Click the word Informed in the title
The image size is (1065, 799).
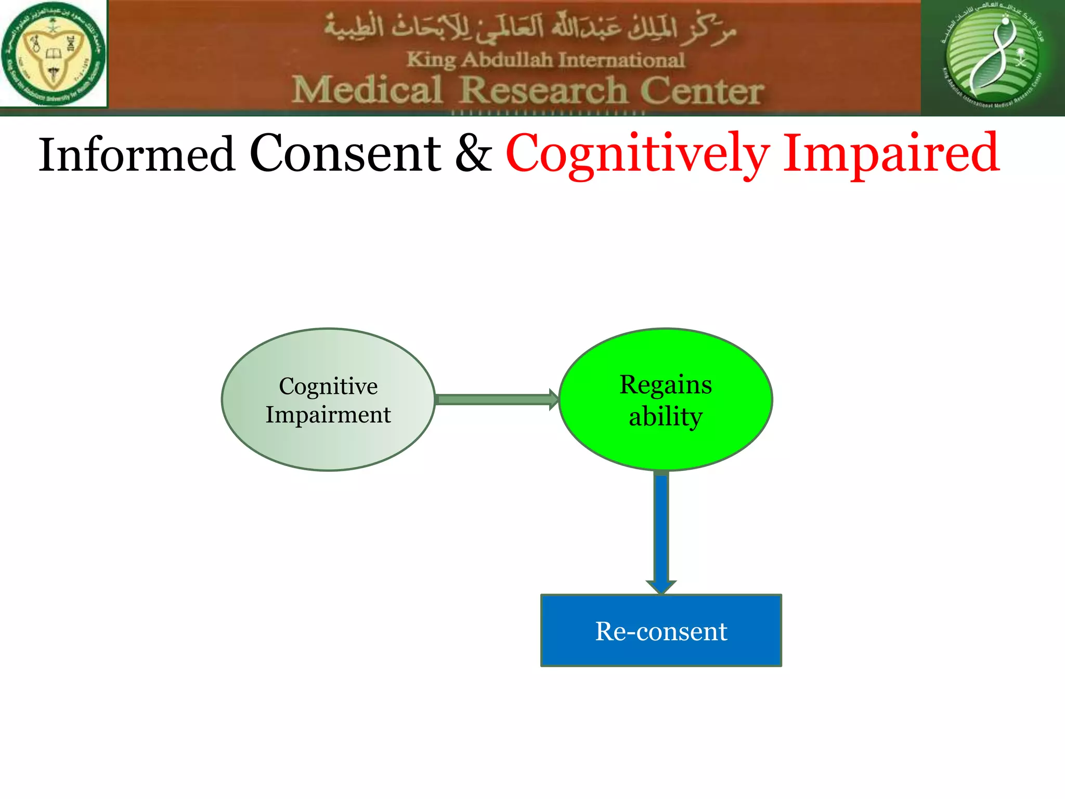pyautogui.click(x=136, y=154)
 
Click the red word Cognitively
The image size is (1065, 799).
pyautogui.click(x=637, y=154)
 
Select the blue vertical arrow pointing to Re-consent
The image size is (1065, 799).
pyautogui.click(x=661, y=531)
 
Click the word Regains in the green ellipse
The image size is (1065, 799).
pyautogui.click(x=666, y=385)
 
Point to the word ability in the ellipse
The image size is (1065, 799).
pyautogui.click(x=666, y=417)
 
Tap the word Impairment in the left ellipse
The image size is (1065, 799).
pyautogui.click(x=328, y=415)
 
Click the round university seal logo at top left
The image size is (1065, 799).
pyautogui.click(x=53, y=54)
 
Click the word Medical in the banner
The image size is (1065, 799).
pyautogui.click(x=367, y=90)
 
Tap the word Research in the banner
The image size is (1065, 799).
pyautogui.click(x=544, y=90)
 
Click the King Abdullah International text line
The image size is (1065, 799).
pyautogui.click(x=545, y=60)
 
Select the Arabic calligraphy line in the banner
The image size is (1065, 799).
pyautogui.click(x=530, y=29)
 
